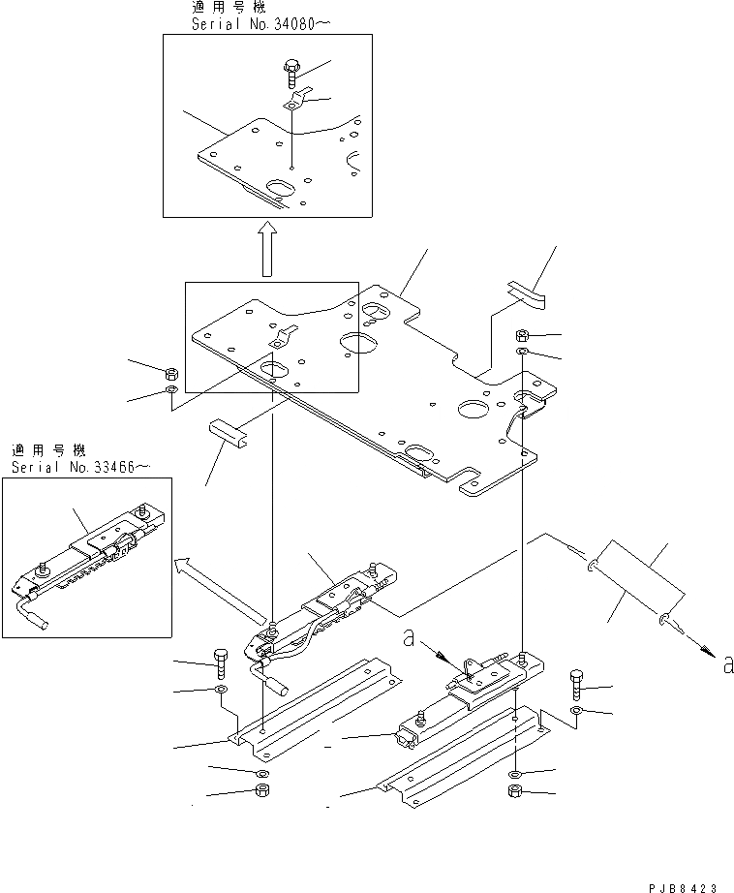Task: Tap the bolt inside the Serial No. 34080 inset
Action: (x=291, y=71)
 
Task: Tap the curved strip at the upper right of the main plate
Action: (x=524, y=291)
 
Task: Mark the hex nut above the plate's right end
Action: (x=520, y=335)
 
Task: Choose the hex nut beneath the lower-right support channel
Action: (x=515, y=793)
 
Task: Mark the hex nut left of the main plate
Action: (x=170, y=373)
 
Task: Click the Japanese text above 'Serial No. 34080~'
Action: (x=207, y=7)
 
